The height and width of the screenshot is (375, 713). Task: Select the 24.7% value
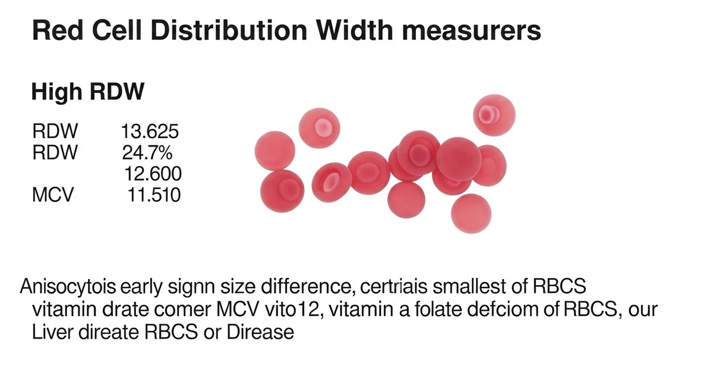click(147, 152)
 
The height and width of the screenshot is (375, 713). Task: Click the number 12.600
click(153, 173)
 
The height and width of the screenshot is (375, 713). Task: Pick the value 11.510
click(154, 194)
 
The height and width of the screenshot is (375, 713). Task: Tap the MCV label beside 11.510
click(52, 194)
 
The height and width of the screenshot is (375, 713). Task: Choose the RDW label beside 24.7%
click(55, 152)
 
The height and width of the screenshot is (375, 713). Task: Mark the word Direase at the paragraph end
click(261, 332)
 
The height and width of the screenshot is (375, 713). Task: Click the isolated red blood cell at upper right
click(494, 115)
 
